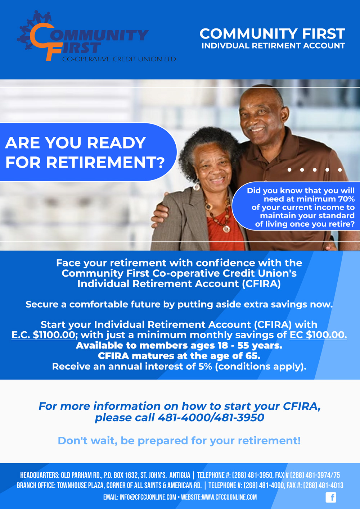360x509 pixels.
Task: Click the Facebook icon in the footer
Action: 331,497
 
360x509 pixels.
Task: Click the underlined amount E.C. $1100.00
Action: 43,335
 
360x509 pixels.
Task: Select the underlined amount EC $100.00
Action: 318,335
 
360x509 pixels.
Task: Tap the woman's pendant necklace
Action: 226,228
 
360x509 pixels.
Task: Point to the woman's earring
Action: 197,186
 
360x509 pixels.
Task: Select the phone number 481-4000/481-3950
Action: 211,418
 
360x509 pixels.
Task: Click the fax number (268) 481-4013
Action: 323,486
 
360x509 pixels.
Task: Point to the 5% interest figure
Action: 205,367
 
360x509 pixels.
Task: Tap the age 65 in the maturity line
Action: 252,356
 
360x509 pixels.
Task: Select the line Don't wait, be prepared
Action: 179,441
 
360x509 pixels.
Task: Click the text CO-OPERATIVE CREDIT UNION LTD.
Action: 120,59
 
